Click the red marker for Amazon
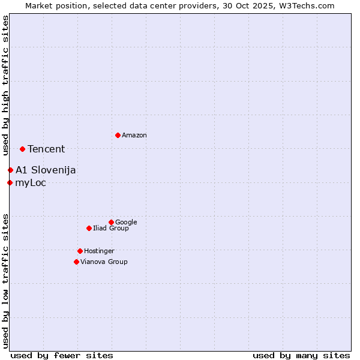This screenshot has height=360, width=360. [118, 135]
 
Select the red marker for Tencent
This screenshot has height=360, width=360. [22, 149]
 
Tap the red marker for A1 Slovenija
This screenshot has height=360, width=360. [10, 170]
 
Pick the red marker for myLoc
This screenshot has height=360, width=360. [10, 182]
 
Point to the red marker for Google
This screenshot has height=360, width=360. [111, 222]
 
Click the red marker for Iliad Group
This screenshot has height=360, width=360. [89, 228]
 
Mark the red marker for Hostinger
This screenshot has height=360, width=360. [80, 251]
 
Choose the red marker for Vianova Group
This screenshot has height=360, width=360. [76, 262]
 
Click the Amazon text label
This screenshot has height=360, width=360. [134, 136]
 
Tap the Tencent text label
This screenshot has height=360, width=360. [46, 149]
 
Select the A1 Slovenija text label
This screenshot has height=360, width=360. [46, 170]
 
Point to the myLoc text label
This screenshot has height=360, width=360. [31, 183]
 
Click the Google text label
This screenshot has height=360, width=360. [126, 222]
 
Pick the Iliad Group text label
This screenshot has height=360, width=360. [111, 228]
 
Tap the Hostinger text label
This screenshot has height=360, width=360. [99, 251]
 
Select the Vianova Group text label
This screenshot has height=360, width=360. [104, 262]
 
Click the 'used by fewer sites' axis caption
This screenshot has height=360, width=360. [62, 355]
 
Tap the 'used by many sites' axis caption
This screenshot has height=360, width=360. [301, 355]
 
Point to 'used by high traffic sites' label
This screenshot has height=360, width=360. [5, 86]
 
